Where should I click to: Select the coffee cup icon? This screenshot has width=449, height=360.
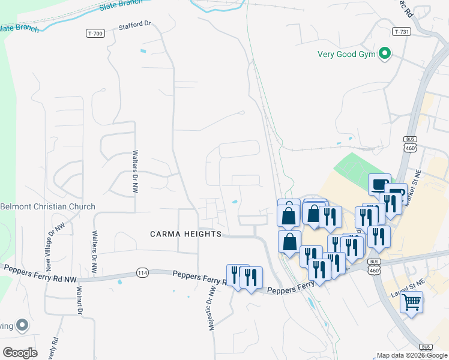379,184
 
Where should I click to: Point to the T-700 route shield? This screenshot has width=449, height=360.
95,33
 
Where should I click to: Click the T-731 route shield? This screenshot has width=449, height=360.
402,31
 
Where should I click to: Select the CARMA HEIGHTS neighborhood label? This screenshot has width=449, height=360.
185,233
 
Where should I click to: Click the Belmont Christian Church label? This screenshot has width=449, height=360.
47,206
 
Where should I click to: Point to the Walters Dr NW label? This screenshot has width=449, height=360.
135,171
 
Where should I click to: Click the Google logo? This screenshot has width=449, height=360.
20,352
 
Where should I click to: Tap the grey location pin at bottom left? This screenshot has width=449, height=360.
22,325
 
